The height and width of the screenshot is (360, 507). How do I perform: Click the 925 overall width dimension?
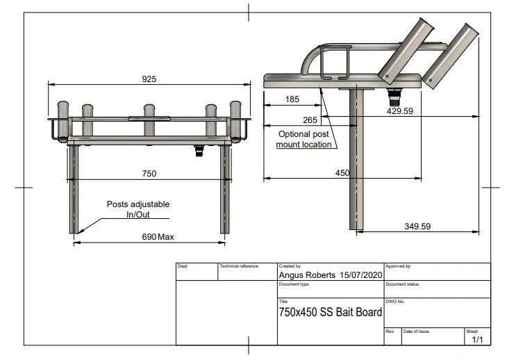click(149, 79)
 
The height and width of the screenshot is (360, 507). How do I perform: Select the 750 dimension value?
click(149, 173)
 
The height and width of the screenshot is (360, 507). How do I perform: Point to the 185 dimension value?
click(292, 99)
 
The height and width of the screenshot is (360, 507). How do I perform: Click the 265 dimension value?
click(310, 120)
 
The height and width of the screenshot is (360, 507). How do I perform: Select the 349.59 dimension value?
click(417, 226)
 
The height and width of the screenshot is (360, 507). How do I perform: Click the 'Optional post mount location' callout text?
click(305, 139)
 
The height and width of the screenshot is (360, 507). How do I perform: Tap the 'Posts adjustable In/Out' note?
click(138, 209)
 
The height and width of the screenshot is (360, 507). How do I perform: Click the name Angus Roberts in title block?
click(308, 275)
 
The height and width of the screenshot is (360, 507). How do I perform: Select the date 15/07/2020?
click(361, 275)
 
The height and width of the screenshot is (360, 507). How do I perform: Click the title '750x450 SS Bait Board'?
click(330, 313)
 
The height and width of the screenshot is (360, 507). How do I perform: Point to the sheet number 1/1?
click(477, 340)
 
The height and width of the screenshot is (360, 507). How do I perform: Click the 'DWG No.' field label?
click(395, 302)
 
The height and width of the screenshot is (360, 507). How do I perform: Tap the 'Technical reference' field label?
click(239, 266)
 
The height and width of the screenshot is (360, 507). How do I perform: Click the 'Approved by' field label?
click(398, 266)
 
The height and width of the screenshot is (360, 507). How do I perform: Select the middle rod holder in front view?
click(149, 113)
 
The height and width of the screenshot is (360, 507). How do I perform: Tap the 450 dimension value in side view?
click(342, 173)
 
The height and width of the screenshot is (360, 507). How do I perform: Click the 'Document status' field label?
click(402, 284)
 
